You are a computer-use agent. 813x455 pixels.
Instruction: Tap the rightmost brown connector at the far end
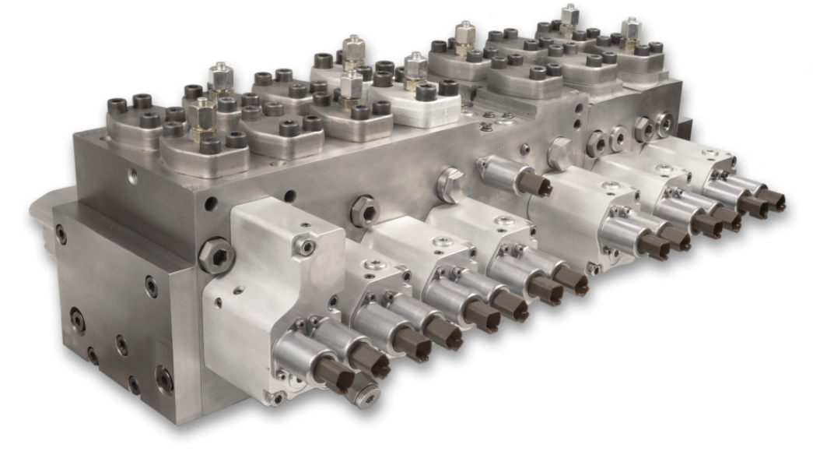pyautogui.click(x=773, y=199)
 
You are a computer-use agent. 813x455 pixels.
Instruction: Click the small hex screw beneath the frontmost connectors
pyautogui.click(x=364, y=395)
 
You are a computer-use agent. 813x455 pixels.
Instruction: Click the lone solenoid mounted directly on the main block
pyautogui.click(x=513, y=176)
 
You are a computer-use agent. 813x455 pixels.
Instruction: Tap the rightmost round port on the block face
pyautogui.click(x=664, y=123)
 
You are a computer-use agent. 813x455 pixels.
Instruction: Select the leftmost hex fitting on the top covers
pyautogui.click(x=201, y=114)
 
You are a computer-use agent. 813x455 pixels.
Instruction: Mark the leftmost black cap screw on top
pyautogui.click(x=117, y=105)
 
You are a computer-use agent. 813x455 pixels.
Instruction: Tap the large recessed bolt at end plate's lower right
pyautogui.click(x=165, y=379)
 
